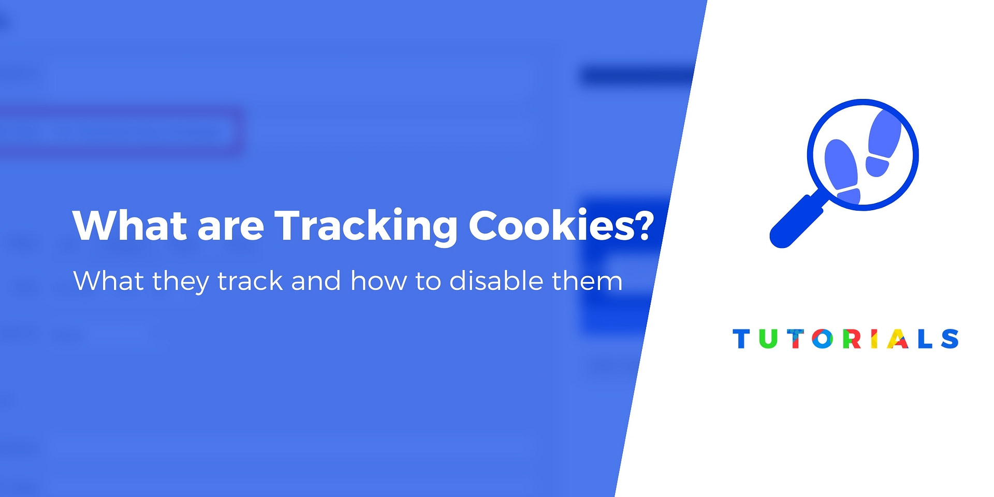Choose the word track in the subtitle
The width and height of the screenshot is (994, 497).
250,281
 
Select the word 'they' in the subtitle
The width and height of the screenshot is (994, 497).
180,282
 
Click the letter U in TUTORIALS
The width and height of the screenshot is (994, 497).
768,339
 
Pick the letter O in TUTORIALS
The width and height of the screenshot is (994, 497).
822,339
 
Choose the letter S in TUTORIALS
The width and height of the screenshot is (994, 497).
949,339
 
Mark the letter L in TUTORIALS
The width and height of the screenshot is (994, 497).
925,339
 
